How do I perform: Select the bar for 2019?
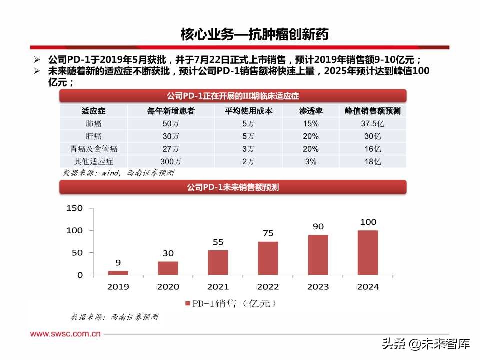pos(118,273)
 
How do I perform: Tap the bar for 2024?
pos(368,252)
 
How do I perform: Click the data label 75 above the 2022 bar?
pos(268,233)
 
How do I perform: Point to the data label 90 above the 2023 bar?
pos(318,226)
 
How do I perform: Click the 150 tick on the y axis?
pos(74,208)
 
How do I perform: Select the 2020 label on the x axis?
pos(168,287)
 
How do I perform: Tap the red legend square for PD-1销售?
pos(188,304)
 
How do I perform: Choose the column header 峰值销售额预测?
pos(373,111)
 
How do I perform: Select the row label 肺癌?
pos(93,123)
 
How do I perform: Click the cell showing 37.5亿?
pos(373,123)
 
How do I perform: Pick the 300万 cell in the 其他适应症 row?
pos(171,161)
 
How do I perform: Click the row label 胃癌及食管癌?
pos(93,149)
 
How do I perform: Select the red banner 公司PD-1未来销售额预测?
pos(233,187)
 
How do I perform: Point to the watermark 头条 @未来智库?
pos(426,344)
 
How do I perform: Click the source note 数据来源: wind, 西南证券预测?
pos(118,172)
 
